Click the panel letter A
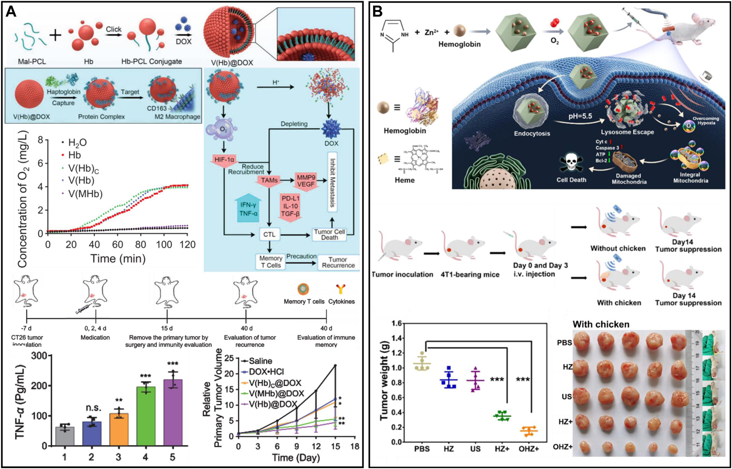coord(11,12)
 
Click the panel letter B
coord(377,12)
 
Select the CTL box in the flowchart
coord(269,234)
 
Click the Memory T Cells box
coord(271,262)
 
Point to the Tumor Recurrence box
coord(338,262)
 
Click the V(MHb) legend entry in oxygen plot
coord(85,194)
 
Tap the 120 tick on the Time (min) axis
coord(188,245)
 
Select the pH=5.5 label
coord(580,116)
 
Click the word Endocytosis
coord(532,133)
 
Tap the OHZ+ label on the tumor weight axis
coord(529,449)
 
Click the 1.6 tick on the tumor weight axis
coord(397,323)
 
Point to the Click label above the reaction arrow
coord(114,29)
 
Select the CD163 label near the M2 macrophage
coord(157,108)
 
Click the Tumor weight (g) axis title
coord(384,380)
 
